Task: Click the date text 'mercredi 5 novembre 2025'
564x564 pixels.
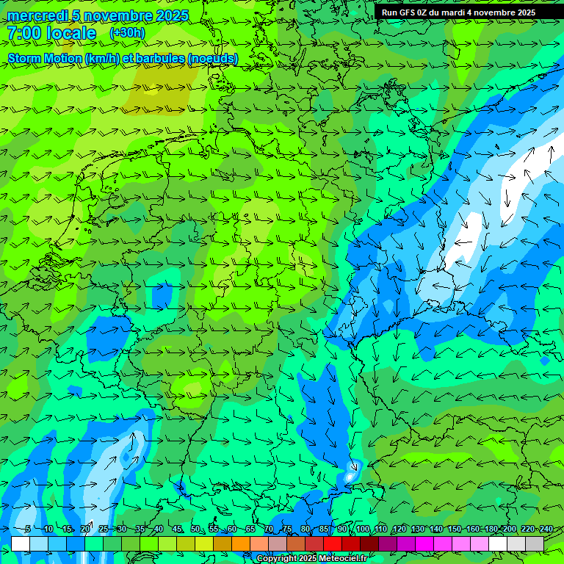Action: pyautogui.click(x=98, y=15)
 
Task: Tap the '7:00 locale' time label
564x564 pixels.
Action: pyautogui.click(x=51, y=33)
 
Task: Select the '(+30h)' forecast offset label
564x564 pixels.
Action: pyautogui.click(x=127, y=33)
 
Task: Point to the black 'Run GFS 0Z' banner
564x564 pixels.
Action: pyautogui.click(x=458, y=12)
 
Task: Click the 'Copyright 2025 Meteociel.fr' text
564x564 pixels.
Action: pyautogui.click(x=312, y=559)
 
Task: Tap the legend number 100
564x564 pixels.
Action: pyautogui.click(x=362, y=529)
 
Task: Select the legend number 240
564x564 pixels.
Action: pyautogui.click(x=546, y=529)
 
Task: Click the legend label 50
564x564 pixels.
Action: pyautogui.click(x=195, y=529)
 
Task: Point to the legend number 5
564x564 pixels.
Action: pyautogui.click(x=28, y=529)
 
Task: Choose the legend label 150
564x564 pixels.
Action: pyautogui.click(x=454, y=529)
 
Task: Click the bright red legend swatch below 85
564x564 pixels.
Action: pyautogui.click(x=333, y=543)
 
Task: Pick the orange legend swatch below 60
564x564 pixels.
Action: pyautogui.click(x=241, y=543)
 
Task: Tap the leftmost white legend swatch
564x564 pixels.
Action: pyautogui.click(x=21, y=543)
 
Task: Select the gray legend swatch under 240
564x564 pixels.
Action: pyautogui.click(x=535, y=543)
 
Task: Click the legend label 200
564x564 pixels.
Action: pyautogui.click(x=509, y=529)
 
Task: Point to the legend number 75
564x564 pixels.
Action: pyautogui.click(x=287, y=529)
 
